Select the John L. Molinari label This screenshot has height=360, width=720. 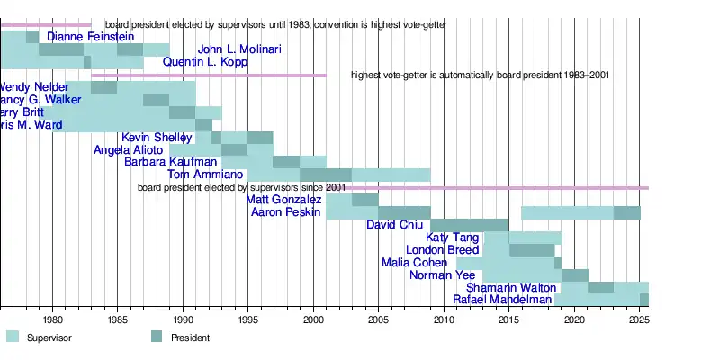[x=239, y=49]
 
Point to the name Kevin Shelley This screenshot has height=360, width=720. [x=157, y=138]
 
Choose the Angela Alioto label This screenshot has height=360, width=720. [x=128, y=150]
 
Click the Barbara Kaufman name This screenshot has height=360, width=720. [x=171, y=162]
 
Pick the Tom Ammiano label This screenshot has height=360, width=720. [x=205, y=175]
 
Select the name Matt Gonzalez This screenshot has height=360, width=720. [x=283, y=200]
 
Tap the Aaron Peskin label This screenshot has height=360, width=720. [x=285, y=212]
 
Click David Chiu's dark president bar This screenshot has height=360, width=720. [x=470, y=225]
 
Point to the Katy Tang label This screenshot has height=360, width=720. [x=452, y=238]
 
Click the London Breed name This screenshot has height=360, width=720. [x=443, y=250]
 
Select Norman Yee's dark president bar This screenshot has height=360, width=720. [x=574, y=275]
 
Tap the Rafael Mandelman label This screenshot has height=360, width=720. [x=502, y=300]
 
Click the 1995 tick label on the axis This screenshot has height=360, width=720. [x=247, y=319]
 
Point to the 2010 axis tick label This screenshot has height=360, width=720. [x=444, y=319]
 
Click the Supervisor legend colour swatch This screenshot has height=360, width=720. [x=13, y=337]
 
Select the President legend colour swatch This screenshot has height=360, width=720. [x=157, y=337]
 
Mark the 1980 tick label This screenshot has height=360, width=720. [x=52, y=319]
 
